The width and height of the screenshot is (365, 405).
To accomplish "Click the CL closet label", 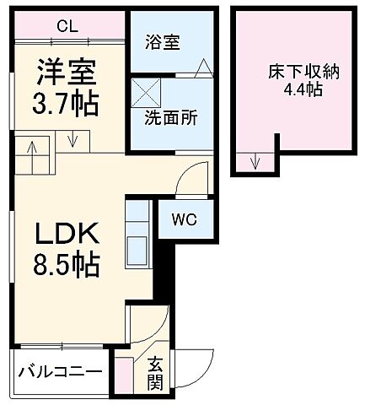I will click(x=67, y=25).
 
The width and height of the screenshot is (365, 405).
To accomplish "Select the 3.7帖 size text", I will click(x=67, y=104).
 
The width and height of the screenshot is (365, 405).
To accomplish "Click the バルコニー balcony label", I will click(x=61, y=372).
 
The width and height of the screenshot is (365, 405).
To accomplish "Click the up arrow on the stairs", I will click(x=31, y=153).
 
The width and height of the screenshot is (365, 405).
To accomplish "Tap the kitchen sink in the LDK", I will click(x=136, y=249).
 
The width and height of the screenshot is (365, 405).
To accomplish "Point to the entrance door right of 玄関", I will click(x=190, y=366).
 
